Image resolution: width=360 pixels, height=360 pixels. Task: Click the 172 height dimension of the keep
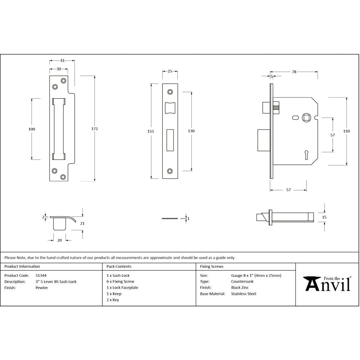click(x=95, y=129)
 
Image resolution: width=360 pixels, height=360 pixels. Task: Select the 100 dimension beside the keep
click(x=32, y=129)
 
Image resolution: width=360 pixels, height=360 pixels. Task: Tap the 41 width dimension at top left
click(x=62, y=60)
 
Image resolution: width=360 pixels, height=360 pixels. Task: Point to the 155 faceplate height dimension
click(x=150, y=131)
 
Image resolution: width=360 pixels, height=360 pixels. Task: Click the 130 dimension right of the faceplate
click(x=191, y=131)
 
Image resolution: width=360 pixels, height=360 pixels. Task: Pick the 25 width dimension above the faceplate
click(x=170, y=71)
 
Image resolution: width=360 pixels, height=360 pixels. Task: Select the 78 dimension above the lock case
click(x=294, y=72)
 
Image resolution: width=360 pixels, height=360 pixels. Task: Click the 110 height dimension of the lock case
click(x=346, y=131)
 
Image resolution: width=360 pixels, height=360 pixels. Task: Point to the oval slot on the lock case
click(x=295, y=117)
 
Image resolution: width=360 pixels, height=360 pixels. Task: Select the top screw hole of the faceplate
click(x=170, y=92)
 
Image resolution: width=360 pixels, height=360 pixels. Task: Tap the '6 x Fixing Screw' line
click(x=120, y=282)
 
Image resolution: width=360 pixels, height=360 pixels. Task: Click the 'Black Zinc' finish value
click(x=240, y=288)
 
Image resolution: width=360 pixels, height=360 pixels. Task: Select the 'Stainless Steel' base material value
click(x=243, y=294)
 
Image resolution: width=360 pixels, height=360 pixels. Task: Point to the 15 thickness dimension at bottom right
click(x=324, y=217)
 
